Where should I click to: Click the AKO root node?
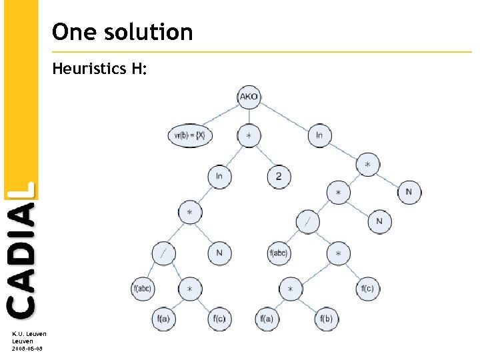point(248,97)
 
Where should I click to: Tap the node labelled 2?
point(279,177)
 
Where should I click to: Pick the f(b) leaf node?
point(326,319)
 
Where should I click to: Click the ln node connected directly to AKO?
point(319,135)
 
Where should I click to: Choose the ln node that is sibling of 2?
point(219,177)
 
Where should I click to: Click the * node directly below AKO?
point(248,135)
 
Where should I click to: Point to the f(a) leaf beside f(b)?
point(266,319)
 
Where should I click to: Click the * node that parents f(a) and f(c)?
point(190,289)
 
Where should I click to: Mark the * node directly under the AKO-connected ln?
point(367,164)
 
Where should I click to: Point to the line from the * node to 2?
point(263,156)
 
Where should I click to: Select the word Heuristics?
point(84,68)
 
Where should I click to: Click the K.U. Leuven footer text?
point(29,334)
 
